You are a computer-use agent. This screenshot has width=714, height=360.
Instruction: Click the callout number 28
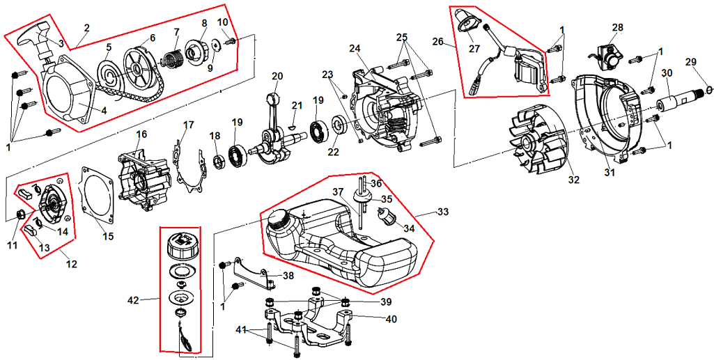coord(617,27)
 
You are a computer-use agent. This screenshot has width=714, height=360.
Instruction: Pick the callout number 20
coord(277,76)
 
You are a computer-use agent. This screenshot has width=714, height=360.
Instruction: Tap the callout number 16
coord(141,134)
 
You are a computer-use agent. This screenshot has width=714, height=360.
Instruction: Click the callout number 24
coord(355,48)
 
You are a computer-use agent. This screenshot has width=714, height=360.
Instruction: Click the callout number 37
coord(337,191)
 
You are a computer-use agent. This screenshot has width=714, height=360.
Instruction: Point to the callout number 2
coord(86,28)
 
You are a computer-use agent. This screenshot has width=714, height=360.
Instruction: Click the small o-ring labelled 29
coord(708,89)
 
